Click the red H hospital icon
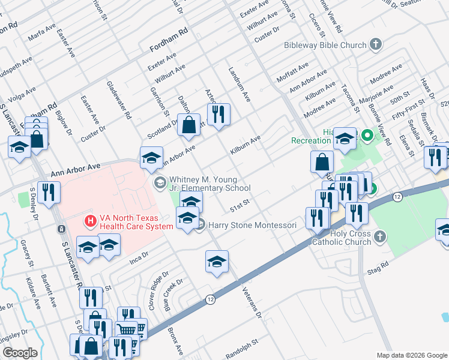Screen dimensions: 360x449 (90, 221)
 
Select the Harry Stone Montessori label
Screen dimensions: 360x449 (252, 225)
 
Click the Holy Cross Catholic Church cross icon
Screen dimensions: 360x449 (379, 238)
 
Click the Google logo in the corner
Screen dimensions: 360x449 (20, 353)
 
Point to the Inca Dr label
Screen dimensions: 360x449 (139, 260)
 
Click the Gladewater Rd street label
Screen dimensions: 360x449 (118, 101)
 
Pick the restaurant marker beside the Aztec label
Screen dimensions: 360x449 (219, 113)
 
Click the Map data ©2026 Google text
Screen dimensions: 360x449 (411, 355)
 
